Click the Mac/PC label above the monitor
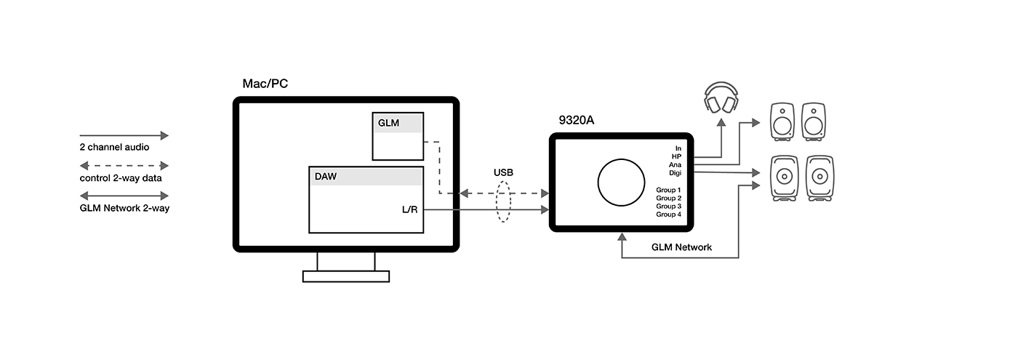click(265, 84)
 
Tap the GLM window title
click(388, 123)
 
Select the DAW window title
click(326, 176)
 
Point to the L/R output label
click(409, 209)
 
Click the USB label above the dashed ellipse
click(503, 173)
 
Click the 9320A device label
click(576, 120)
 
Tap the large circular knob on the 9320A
click(621, 183)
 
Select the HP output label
click(676, 156)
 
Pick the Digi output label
click(675, 173)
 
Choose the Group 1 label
click(668, 190)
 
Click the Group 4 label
click(668, 215)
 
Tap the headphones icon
click(721, 97)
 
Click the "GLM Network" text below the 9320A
click(681, 247)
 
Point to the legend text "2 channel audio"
click(114, 147)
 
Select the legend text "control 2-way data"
click(121, 178)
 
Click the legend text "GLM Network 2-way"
click(124, 208)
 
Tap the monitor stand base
click(346, 276)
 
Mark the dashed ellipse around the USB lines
click(503, 202)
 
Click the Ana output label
click(675, 164)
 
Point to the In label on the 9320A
click(678, 148)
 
